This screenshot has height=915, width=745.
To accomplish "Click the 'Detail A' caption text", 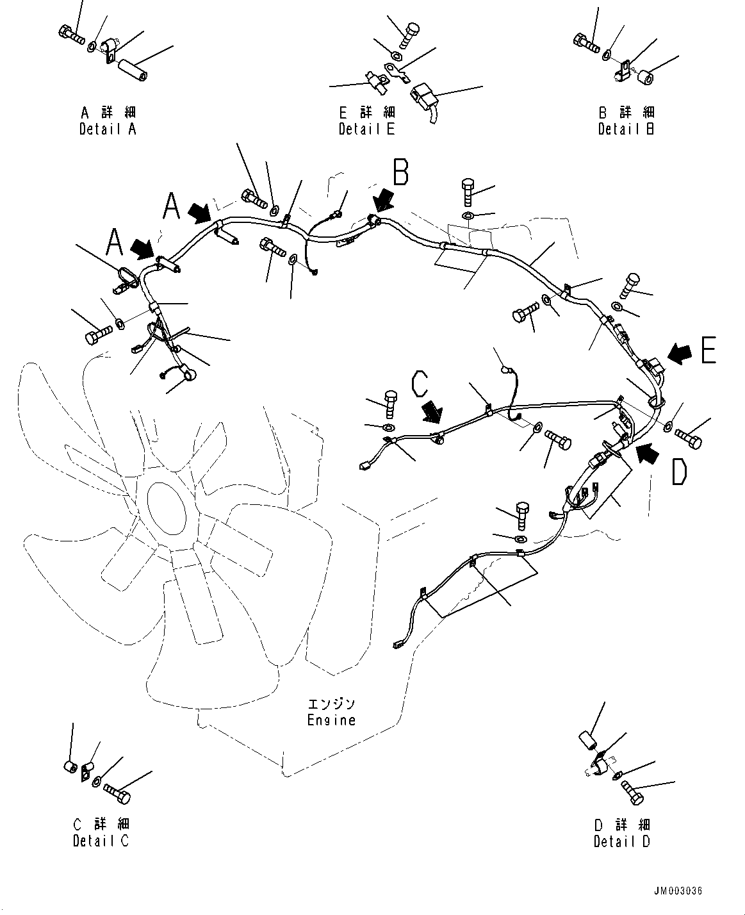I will (x=108, y=129).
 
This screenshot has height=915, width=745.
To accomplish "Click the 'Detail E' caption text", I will (x=366, y=129).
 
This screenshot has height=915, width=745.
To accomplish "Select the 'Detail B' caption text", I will (x=626, y=129).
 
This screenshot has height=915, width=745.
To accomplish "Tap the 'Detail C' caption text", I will (x=101, y=841).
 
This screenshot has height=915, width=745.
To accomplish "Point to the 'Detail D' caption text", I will (x=621, y=841).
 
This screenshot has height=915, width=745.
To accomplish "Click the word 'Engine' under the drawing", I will (x=331, y=720).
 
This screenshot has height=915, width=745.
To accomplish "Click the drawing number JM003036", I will (x=678, y=891).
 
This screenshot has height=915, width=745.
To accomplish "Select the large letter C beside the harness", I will (x=420, y=384).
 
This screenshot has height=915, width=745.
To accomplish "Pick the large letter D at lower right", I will (x=679, y=472).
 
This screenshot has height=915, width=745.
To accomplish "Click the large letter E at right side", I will (x=708, y=350).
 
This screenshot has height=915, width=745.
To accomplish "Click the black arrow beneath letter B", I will (x=386, y=199).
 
